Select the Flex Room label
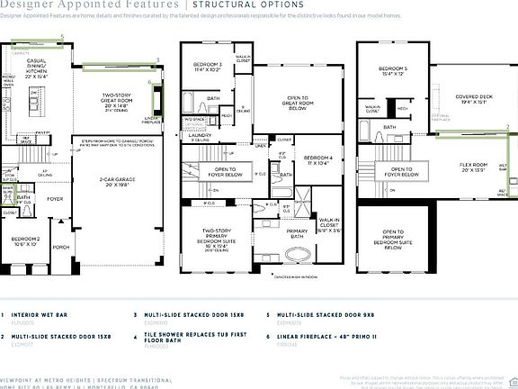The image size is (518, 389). click(473, 166)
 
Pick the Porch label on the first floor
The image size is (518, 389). click(61, 247)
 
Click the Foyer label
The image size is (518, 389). click(56, 199)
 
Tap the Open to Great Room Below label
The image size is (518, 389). click(299, 103)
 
